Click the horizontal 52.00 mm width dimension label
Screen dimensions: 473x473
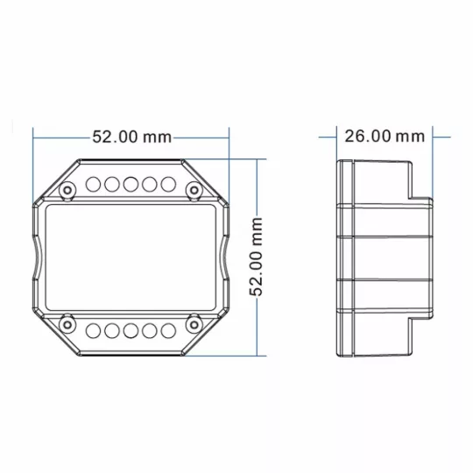(131, 137)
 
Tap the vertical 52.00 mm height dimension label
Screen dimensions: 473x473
(256, 257)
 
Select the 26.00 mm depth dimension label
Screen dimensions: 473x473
(385, 137)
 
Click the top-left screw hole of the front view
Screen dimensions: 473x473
(67, 190)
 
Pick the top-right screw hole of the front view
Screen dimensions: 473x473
(194, 190)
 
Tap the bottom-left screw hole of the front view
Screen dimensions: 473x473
(67, 325)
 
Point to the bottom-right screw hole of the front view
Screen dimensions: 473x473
(194, 325)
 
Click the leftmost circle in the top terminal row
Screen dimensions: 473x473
(93, 184)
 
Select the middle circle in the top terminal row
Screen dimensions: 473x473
(131, 184)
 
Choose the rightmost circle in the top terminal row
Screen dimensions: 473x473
(168, 184)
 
